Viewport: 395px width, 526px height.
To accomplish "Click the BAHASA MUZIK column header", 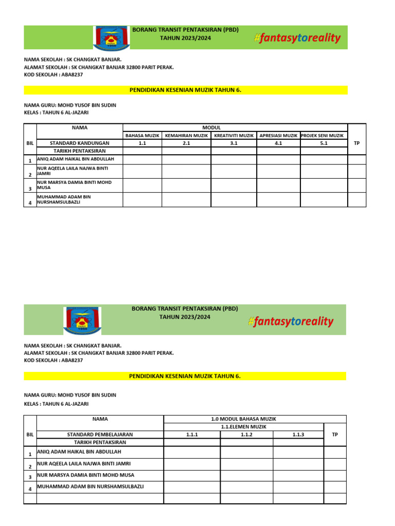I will (x=142, y=136).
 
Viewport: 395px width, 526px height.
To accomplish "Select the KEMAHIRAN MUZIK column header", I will (x=186, y=136).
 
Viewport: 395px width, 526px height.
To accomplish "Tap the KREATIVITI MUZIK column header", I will (x=234, y=136).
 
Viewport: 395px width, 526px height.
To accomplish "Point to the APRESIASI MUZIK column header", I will (x=278, y=136).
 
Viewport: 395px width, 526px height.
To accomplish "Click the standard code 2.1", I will (x=186, y=143).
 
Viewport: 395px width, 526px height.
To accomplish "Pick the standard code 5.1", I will (x=324, y=143).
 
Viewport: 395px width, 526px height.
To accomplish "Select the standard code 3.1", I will (x=234, y=143).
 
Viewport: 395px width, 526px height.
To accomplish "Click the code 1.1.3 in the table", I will (x=298, y=435).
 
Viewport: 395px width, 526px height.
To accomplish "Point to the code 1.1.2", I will (x=246, y=435).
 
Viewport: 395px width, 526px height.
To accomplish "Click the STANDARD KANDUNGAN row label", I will (x=79, y=143).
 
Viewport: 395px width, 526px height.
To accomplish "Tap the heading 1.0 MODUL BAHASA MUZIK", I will (x=244, y=419).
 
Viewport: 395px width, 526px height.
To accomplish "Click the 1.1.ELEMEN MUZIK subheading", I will (x=244, y=427).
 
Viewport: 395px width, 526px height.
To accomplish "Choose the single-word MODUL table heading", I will (x=211, y=128).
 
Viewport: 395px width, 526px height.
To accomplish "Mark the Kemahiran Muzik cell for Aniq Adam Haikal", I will (x=186, y=160).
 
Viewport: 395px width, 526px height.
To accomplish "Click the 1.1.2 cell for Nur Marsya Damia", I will (x=246, y=476).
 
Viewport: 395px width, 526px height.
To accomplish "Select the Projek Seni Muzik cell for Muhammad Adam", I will (x=324, y=199).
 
